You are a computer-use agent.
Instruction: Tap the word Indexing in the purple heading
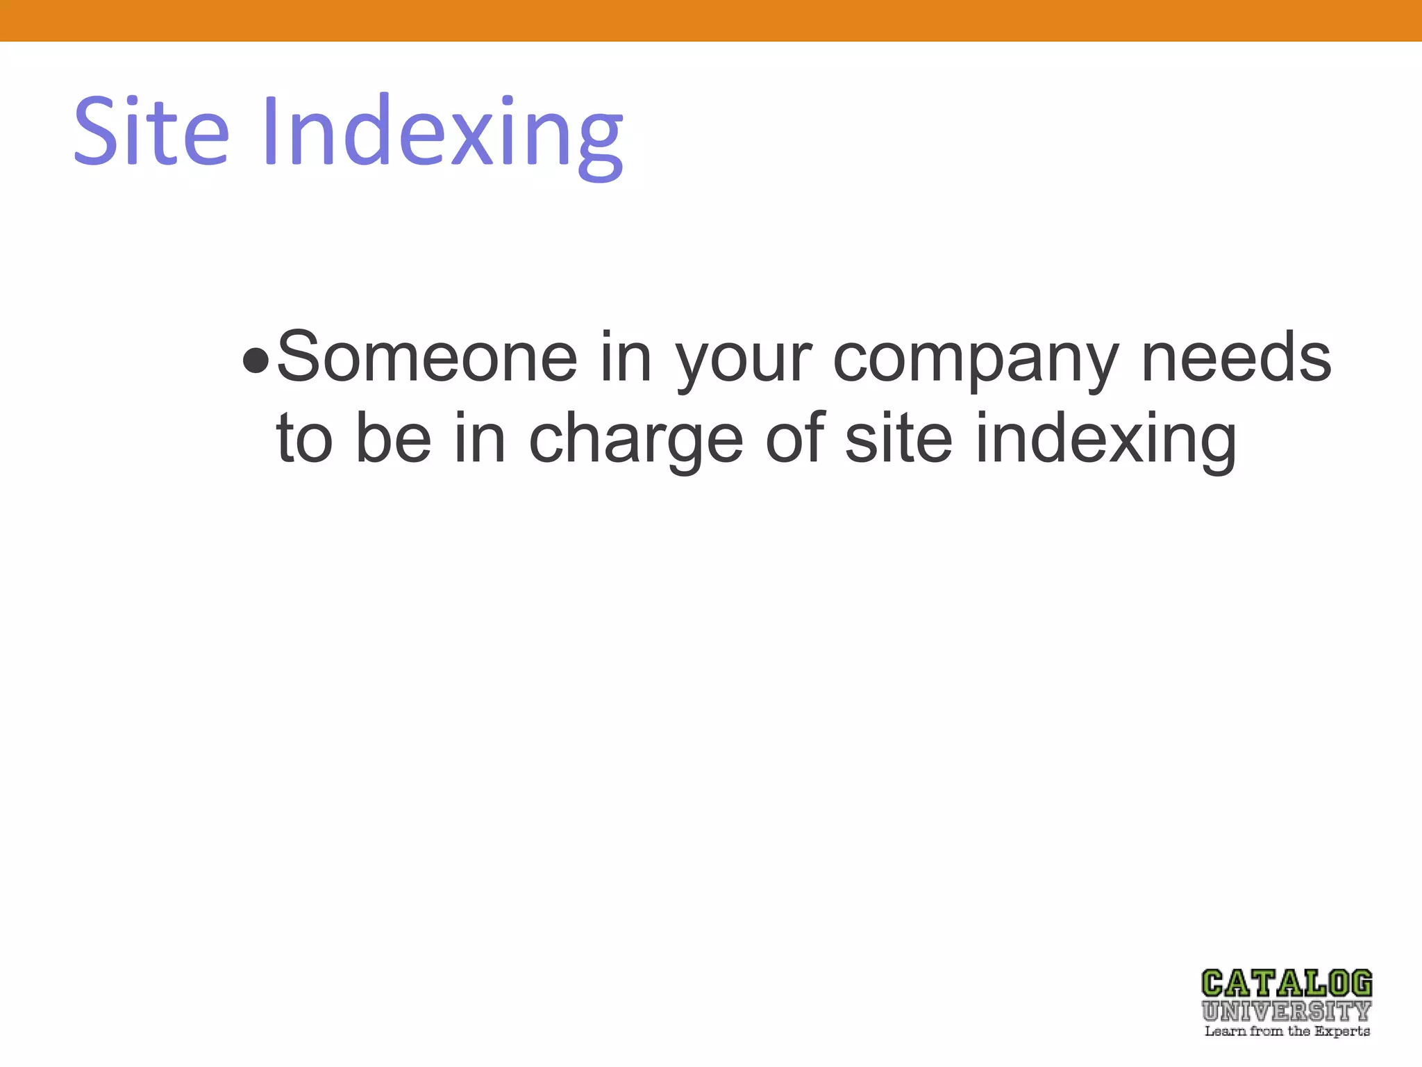(442, 135)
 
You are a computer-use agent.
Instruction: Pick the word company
(975, 361)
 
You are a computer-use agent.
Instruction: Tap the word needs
(1236, 357)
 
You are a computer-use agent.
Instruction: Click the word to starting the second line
(304, 439)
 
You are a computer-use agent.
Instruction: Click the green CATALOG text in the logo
(1287, 984)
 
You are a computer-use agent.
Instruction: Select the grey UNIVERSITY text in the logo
(1287, 1010)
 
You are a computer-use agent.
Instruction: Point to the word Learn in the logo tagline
(1225, 1031)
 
